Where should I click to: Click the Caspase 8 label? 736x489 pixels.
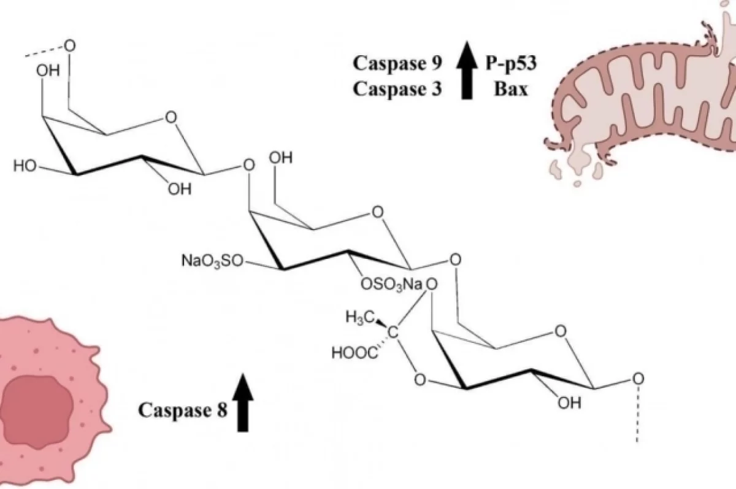[x=183, y=409]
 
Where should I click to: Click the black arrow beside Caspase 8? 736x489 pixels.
[x=244, y=402]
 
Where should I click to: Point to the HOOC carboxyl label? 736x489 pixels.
[x=352, y=353]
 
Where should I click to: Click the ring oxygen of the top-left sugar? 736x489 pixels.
[x=172, y=116]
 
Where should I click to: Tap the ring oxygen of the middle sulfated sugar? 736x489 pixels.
[x=378, y=213]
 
